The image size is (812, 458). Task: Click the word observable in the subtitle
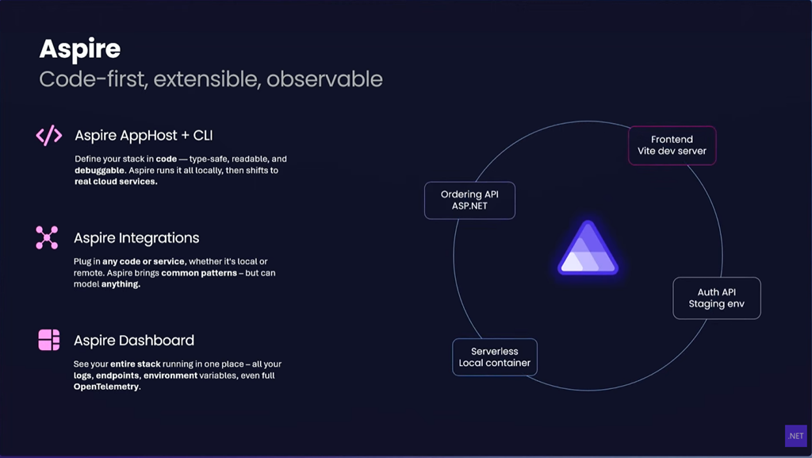pyautogui.click(x=324, y=79)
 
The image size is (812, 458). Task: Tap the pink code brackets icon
pyautogui.click(x=48, y=135)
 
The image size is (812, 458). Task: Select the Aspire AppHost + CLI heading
pyautogui.click(x=144, y=135)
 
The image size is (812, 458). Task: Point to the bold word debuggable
pyautogui.click(x=99, y=171)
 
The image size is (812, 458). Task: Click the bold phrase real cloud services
pyautogui.click(x=116, y=181)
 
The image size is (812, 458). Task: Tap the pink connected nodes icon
pyautogui.click(x=47, y=238)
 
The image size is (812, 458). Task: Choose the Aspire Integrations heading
pyautogui.click(x=136, y=238)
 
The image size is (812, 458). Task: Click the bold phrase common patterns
pyautogui.click(x=199, y=273)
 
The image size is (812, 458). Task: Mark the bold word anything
pyautogui.click(x=121, y=284)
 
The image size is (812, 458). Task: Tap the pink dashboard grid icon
pyautogui.click(x=48, y=340)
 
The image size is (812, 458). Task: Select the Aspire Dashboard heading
pyautogui.click(x=133, y=341)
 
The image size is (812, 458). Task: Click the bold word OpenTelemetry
pyautogui.click(x=107, y=387)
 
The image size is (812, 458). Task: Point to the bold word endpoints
pyautogui.click(x=118, y=375)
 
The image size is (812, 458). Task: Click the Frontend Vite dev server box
pyautogui.click(x=672, y=145)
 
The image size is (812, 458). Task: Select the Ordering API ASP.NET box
pyautogui.click(x=469, y=200)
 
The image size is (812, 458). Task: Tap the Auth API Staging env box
pyautogui.click(x=717, y=298)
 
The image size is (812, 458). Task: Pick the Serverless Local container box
pyautogui.click(x=495, y=357)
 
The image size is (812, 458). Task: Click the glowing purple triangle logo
pyautogui.click(x=588, y=248)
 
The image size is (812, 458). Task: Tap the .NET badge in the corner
pyautogui.click(x=796, y=436)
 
